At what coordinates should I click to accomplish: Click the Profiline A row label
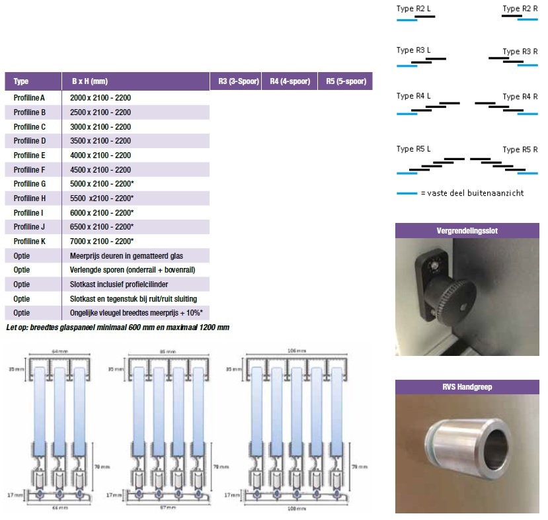[29, 98]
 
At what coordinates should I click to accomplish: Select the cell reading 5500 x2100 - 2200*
[102, 198]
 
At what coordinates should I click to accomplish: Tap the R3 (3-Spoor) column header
[235, 82]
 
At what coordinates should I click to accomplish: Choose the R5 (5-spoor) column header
[345, 82]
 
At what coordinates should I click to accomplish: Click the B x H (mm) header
[89, 82]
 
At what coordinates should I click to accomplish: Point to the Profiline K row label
[30, 241]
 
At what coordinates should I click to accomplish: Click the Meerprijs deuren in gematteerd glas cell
[126, 256]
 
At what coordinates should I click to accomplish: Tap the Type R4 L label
[413, 96]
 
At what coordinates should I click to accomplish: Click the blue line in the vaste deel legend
[406, 193]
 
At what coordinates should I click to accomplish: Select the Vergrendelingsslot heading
[467, 232]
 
